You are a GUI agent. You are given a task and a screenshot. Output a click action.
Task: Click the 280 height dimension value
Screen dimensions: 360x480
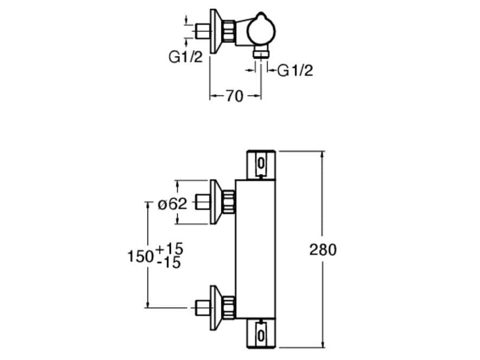click(323, 249)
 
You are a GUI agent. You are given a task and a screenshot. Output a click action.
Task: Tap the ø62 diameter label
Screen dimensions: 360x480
click(172, 204)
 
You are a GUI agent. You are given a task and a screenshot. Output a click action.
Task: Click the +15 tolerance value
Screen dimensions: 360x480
click(169, 249)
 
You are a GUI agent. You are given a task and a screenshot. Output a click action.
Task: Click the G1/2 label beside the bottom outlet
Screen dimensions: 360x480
click(295, 70)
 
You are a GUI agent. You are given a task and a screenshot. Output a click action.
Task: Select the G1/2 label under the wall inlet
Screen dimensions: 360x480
click(185, 56)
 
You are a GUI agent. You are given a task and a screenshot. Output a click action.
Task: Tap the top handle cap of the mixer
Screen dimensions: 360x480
click(262, 163)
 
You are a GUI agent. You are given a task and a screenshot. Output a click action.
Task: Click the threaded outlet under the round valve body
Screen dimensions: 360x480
click(261, 52)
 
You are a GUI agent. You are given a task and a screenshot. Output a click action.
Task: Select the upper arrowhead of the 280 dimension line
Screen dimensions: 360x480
click(323, 155)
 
